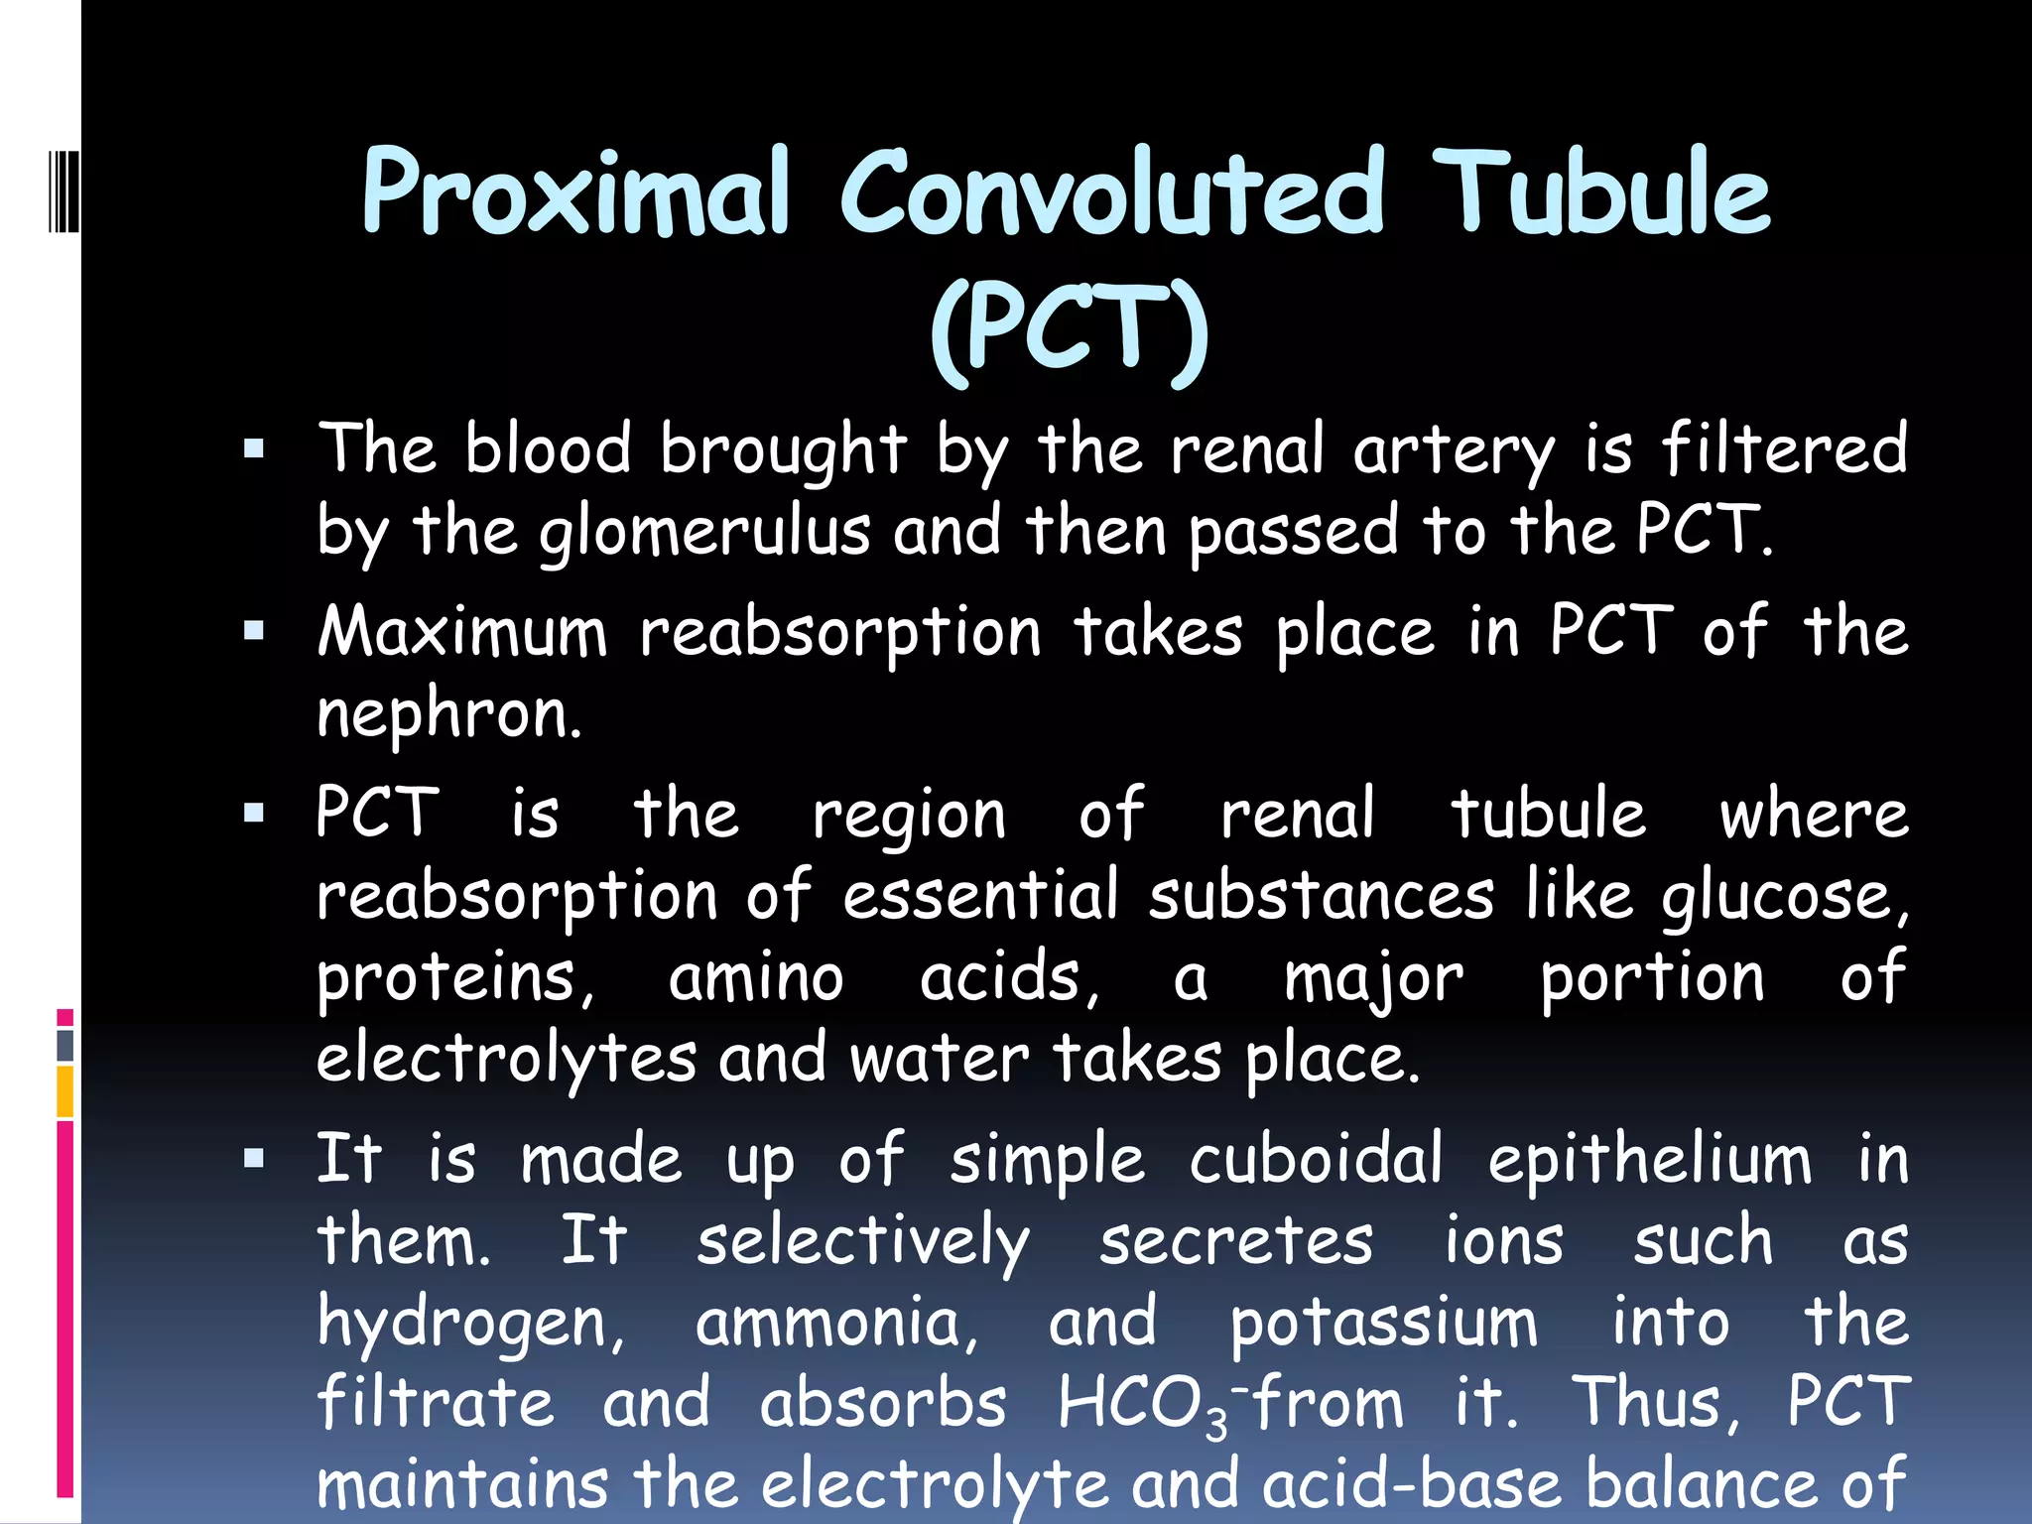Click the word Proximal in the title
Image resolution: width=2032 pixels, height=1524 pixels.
pyautogui.click(x=575, y=193)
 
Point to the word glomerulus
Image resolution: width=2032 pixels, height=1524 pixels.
pyautogui.click(x=704, y=533)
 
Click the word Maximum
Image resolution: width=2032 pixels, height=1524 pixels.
pyautogui.click(x=461, y=632)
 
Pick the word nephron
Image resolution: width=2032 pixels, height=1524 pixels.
pyautogui.click(x=448, y=714)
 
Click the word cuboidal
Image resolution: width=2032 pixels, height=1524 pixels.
pyautogui.click(x=1316, y=1158)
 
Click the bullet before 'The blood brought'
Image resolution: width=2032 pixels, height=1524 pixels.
pyautogui.click(x=254, y=449)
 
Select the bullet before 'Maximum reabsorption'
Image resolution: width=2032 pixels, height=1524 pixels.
pyautogui.click(x=254, y=631)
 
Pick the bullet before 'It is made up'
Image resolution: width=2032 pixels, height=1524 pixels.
pyautogui.click(x=254, y=1158)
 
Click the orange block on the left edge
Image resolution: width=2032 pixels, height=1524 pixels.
pyautogui.click(x=65, y=1090)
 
